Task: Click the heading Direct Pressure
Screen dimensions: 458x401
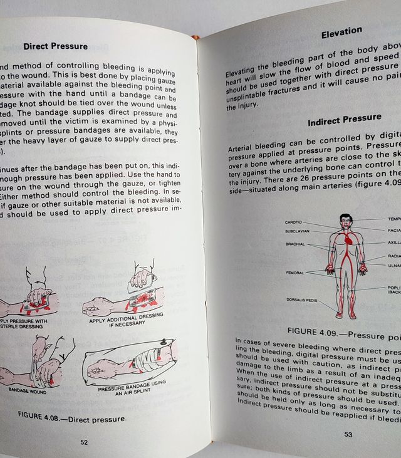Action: [55, 46]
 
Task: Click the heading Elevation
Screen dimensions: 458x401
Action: [341, 31]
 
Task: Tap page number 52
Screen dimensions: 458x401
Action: [84, 442]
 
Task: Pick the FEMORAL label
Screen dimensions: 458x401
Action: [294, 273]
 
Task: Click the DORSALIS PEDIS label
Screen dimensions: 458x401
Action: [301, 300]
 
